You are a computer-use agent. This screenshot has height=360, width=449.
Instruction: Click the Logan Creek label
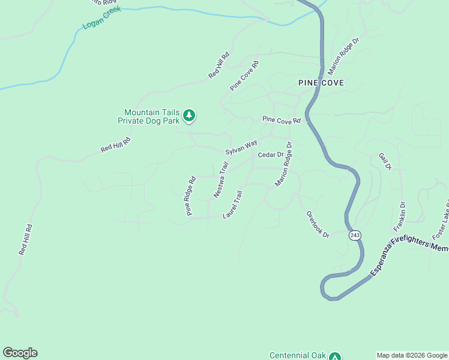(x=101, y=19)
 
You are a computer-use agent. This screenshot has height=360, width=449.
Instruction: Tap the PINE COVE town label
(x=322, y=83)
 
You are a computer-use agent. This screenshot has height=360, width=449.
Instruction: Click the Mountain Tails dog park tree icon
(x=189, y=115)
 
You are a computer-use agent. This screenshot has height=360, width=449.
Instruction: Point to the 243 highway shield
(x=355, y=235)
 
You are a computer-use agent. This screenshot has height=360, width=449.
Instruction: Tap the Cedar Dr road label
(x=270, y=155)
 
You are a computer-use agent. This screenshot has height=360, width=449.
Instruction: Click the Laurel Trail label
(x=232, y=205)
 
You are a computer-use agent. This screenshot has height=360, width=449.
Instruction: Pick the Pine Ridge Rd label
(x=191, y=196)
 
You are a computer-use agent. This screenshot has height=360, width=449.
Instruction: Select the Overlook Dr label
(x=318, y=224)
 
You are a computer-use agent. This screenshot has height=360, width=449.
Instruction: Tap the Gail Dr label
(x=385, y=160)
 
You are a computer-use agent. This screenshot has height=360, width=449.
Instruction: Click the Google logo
(x=20, y=353)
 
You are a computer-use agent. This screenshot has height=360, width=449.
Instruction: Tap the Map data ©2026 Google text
(x=412, y=355)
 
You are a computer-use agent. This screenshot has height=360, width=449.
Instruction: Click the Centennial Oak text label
(x=297, y=355)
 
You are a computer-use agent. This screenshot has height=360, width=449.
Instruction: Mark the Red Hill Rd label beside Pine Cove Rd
(x=220, y=65)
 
